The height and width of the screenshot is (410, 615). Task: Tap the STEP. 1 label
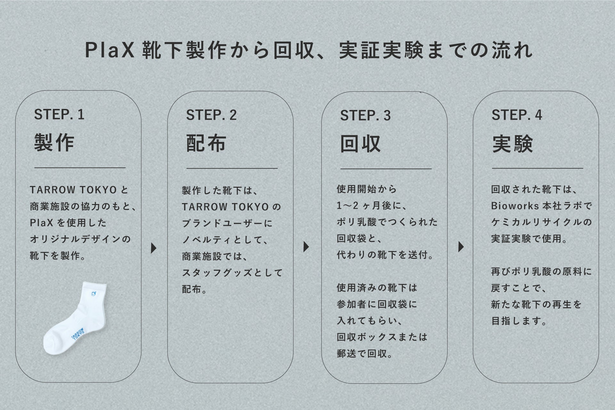tap(59, 115)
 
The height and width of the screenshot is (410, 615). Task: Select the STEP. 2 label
tap(211, 115)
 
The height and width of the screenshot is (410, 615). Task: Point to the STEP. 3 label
tap(365, 116)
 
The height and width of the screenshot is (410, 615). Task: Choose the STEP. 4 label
tap(517, 115)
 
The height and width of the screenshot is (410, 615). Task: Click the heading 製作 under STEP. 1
tap(54, 143)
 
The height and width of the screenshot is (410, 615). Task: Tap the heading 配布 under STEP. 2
tap(206, 143)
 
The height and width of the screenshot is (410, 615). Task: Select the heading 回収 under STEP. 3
tap(360, 144)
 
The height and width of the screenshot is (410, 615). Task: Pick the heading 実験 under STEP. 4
tap(512, 144)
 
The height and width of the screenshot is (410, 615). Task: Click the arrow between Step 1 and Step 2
tap(154, 248)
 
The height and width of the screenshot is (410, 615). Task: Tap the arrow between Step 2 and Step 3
tap(306, 247)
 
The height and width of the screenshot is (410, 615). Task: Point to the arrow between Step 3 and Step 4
tap(461, 247)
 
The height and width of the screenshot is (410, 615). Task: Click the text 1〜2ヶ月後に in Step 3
tap(372, 206)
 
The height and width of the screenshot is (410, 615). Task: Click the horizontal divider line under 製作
tap(80, 168)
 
